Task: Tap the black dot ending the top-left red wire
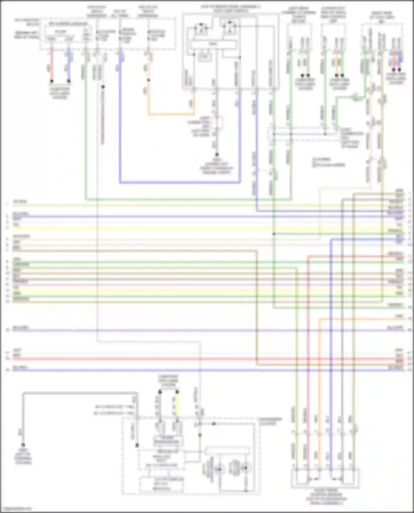51,81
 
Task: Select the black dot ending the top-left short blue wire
69,81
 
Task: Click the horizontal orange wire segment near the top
171,114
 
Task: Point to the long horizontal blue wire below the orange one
179,182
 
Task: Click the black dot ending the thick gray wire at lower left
23,445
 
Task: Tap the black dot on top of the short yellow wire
177,392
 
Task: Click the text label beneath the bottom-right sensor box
326,496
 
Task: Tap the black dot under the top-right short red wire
394,70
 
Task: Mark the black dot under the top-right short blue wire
400,70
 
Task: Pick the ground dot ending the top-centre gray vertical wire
217,155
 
